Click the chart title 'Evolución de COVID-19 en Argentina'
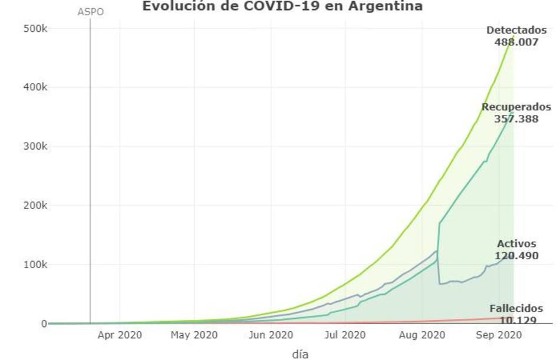pyautogui.click(x=282, y=6)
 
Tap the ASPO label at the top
pyautogui.click(x=90, y=12)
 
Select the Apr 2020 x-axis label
pyautogui.click(x=120, y=335)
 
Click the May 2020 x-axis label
pyautogui.click(x=194, y=335)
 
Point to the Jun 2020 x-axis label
pyautogui.click(x=271, y=335)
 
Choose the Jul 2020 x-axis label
pyautogui.click(x=345, y=335)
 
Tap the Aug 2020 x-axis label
pyautogui.click(x=421, y=335)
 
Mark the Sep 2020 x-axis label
pyautogui.click(x=498, y=335)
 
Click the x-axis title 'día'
pyautogui.click(x=300, y=354)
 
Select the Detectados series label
pyautogui.click(x=516, y=31)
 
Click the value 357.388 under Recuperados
pyautogui.click(x=516, y=118)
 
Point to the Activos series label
pyautogui.click(x=516, y=243)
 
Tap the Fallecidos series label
pyautogui.click(x=516, y=308)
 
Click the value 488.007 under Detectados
pyautogui.click(x=516, y=42)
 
